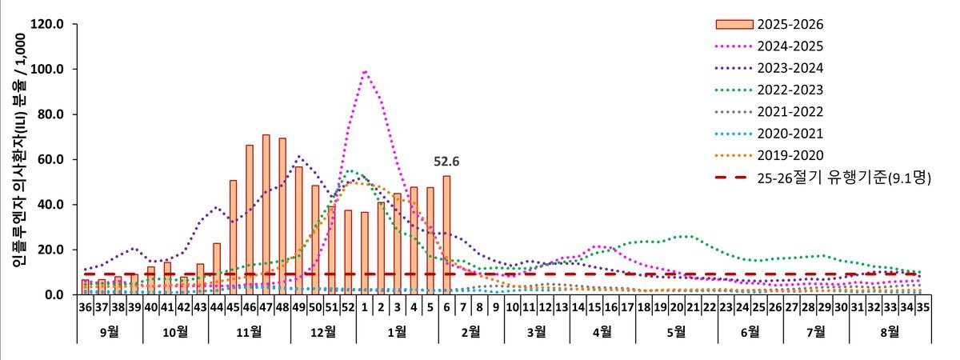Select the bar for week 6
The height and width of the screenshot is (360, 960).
446,235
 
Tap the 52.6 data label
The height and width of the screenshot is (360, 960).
446,162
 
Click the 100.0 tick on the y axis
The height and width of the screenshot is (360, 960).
46,70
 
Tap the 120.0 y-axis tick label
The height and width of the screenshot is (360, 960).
46,24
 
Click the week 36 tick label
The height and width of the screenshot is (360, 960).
85,305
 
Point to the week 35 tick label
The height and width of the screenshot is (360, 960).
923,305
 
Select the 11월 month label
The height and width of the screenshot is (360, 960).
249,330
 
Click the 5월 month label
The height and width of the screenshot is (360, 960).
676,330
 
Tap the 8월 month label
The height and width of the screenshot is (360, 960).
890,330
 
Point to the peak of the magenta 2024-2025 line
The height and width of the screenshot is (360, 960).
365,71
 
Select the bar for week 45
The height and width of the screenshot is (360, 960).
233,238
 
